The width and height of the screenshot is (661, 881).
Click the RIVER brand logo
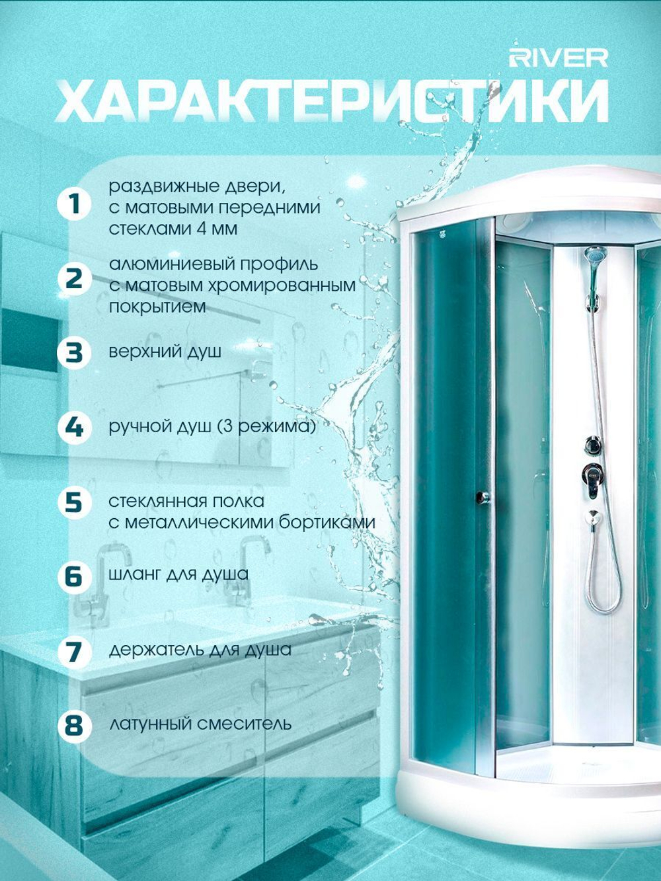click(x=559, y=58)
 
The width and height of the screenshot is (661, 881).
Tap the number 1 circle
click(x=74, y=205)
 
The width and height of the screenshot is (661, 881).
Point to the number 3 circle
click(x=74, y=352)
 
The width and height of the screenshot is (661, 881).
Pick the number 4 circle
click(x=74, y=428)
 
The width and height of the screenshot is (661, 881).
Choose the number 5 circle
click(x=74, y=502)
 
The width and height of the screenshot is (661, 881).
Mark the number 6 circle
click(x=74, y=577)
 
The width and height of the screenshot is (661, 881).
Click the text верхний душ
click(x=165, y=352)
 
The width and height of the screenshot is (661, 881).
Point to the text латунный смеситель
click(x=200, y=724)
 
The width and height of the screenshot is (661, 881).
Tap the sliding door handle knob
click(x=483, y=497)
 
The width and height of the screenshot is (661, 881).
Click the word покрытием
click(x=157, y=307)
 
